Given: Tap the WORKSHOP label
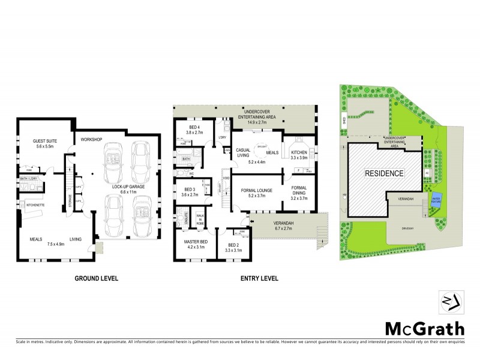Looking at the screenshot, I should pyautogui.click(x=89, y=140).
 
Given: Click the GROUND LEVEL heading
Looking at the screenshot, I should pyautogui.click(x=96, y=278).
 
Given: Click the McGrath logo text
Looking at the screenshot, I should pyautogui.click(x=424, y=328).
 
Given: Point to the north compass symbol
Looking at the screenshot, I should pyautogui.click(x=452, y=302).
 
